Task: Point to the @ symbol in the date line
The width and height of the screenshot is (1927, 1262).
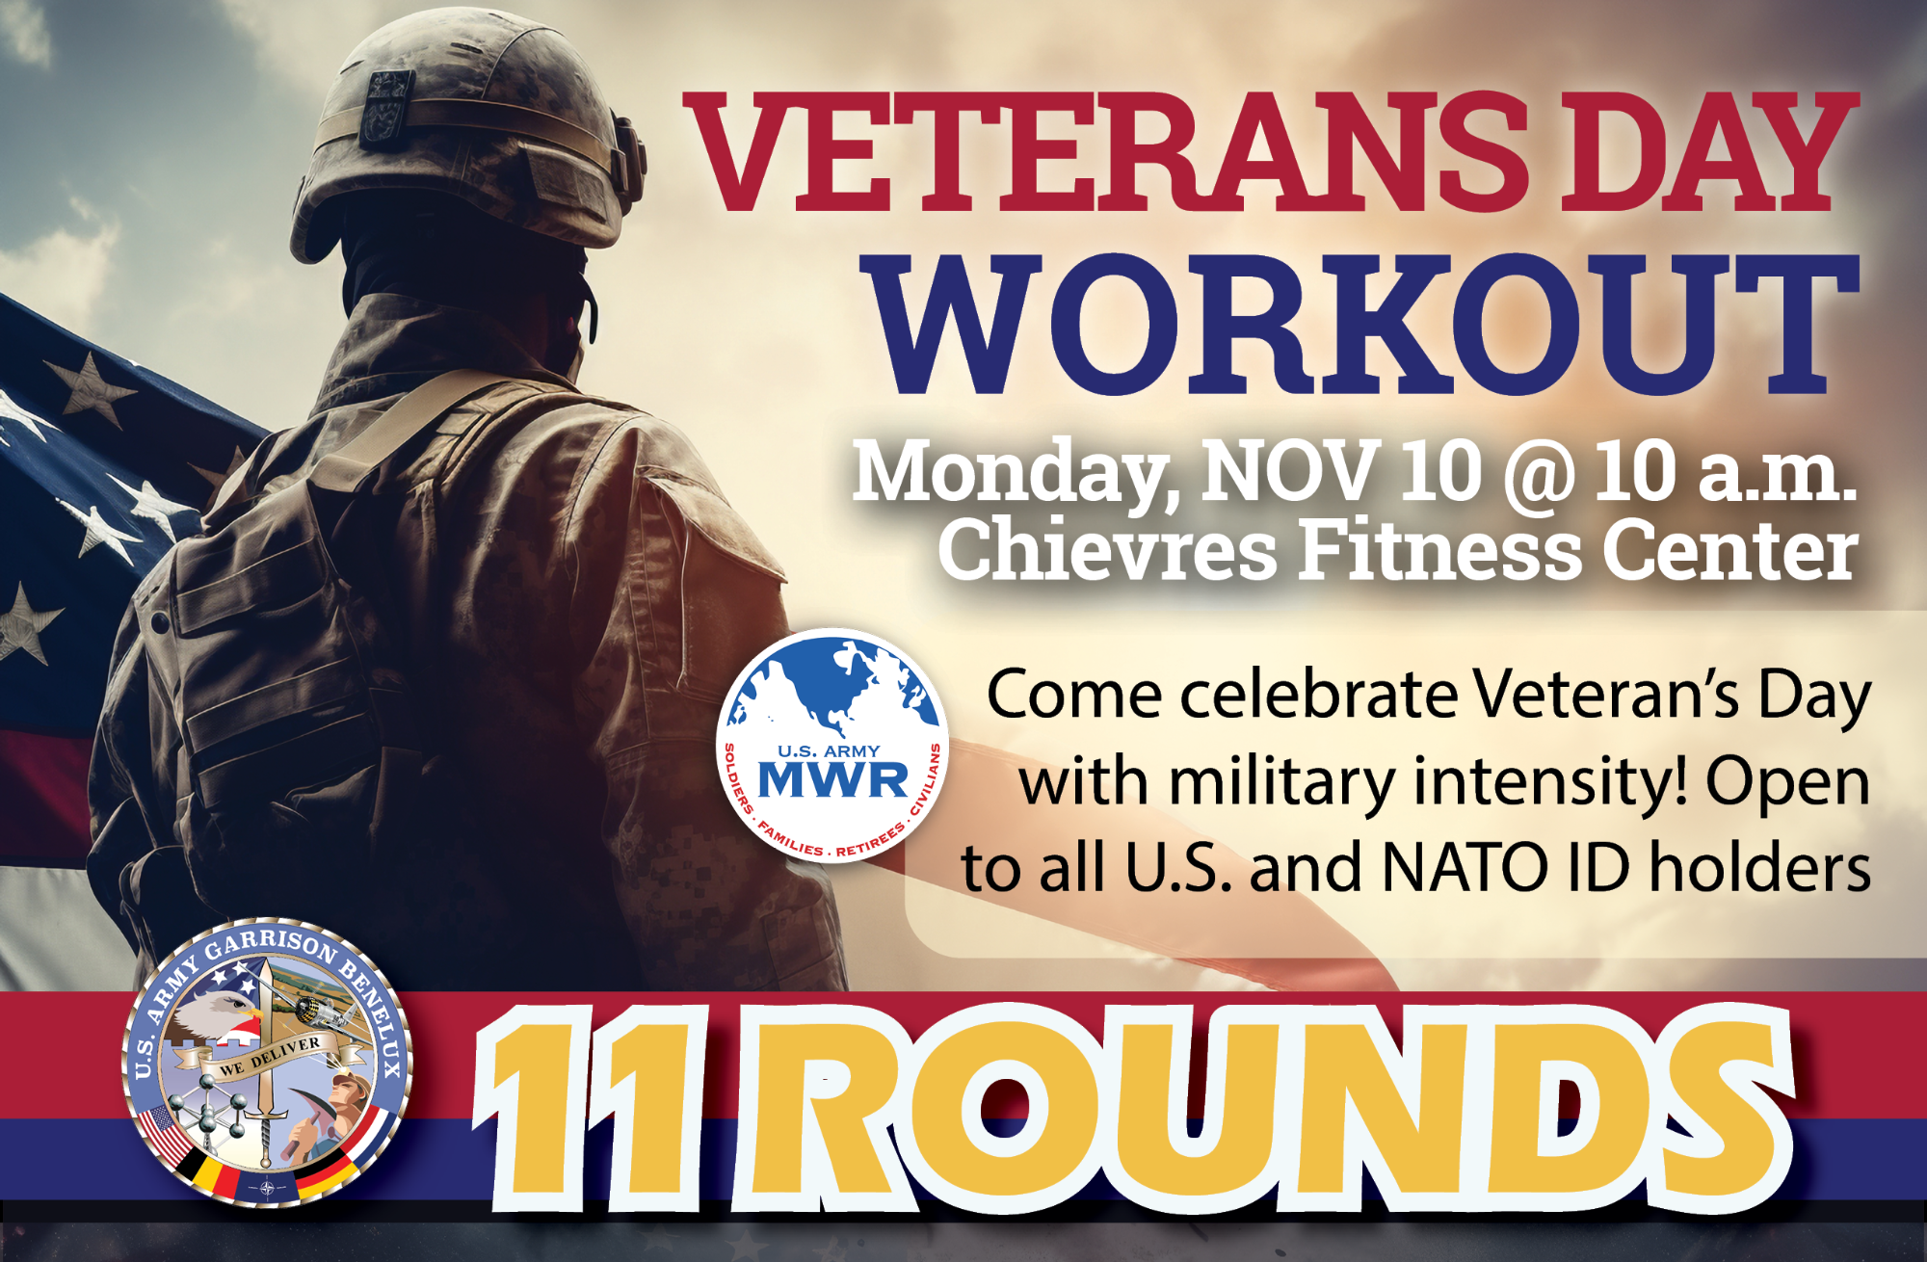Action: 1538,474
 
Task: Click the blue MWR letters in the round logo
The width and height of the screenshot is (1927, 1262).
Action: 833,779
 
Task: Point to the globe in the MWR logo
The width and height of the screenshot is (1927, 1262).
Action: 833,686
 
